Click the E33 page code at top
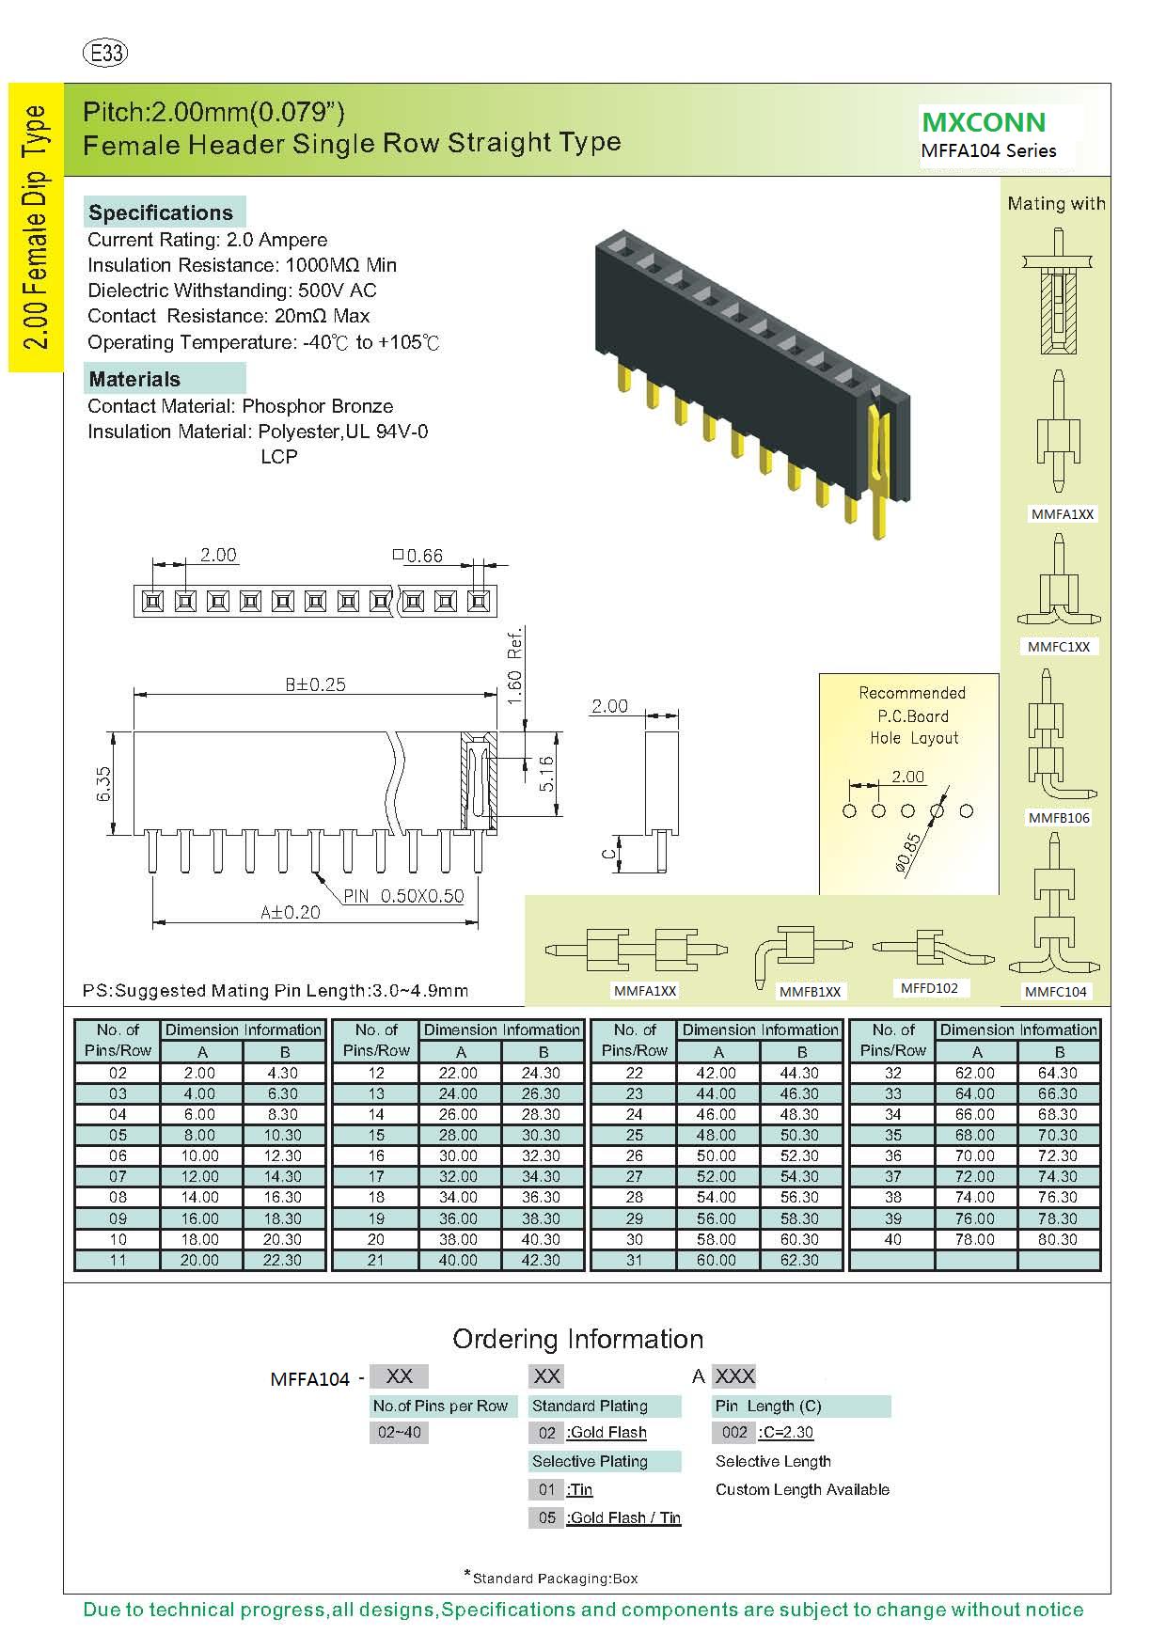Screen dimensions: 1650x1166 (x=106, y=53)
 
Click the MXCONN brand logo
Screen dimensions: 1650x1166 (x=984, y=122)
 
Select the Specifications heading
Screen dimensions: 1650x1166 (x=161, y=212)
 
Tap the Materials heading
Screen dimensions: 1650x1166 (x=134, y=379)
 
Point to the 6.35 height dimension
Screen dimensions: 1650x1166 (x=104, y=783)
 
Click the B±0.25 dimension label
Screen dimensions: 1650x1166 (x=315, y=684)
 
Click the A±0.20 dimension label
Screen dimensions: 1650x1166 (x=291, y=911)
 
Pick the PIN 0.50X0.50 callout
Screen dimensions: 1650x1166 (x=403, y=896)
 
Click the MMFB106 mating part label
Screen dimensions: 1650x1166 (x=1059, y=818)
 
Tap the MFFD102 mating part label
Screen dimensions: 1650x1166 (x=929, y=988)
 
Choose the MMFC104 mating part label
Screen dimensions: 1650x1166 (x=1056, y=991)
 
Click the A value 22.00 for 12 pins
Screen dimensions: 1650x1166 (x=458, y=1073)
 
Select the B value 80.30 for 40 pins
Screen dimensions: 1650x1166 (x=1058, y=1239)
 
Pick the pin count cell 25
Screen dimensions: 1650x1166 (x=635, y=1135)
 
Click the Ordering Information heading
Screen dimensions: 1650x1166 (x=577, y=1339)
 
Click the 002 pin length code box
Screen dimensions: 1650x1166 (x=734, y=1432)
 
